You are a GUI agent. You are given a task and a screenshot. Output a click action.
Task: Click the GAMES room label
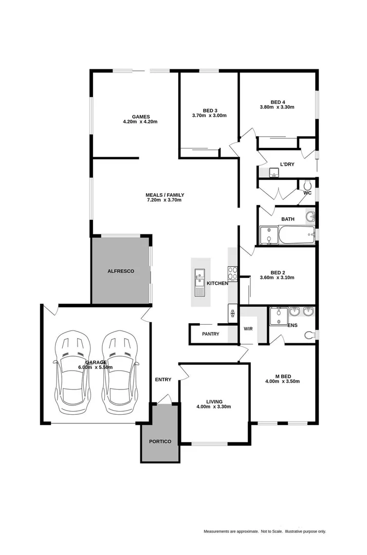click(x=140, y=116)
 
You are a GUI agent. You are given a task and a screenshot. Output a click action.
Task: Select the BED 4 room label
click(x=278, y=102)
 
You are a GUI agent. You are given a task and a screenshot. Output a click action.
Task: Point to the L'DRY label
click(x=287, y=164)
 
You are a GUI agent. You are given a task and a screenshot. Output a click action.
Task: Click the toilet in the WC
click(x=307, y=184)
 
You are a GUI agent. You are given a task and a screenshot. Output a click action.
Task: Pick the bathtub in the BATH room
click(x=297, y=236)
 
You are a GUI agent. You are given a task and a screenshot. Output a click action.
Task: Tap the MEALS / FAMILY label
click(x=164, y=195)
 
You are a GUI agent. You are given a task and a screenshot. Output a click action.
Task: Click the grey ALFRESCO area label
click(x=121, y=271)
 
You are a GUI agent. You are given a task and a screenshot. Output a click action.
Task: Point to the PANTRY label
click(x=210, y=334)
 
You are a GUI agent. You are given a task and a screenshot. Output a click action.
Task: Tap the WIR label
click(x=248, y=328)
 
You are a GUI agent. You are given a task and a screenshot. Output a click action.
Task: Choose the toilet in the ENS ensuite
click(x=309, y=335)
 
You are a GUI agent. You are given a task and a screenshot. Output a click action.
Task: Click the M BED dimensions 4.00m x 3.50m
click(x=282, y=381)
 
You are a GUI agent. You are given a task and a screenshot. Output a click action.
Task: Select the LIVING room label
click(x=214, y=401)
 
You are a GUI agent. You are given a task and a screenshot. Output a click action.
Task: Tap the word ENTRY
click(x=163, y=380)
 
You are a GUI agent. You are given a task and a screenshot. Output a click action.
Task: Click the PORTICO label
click(x=160, y=441)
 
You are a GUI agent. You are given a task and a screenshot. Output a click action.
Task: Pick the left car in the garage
click(x=72, y=374)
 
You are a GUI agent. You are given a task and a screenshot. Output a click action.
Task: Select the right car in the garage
click(x=120, y=374)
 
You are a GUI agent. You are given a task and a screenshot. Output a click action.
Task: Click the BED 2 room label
click(x=278, y=273)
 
